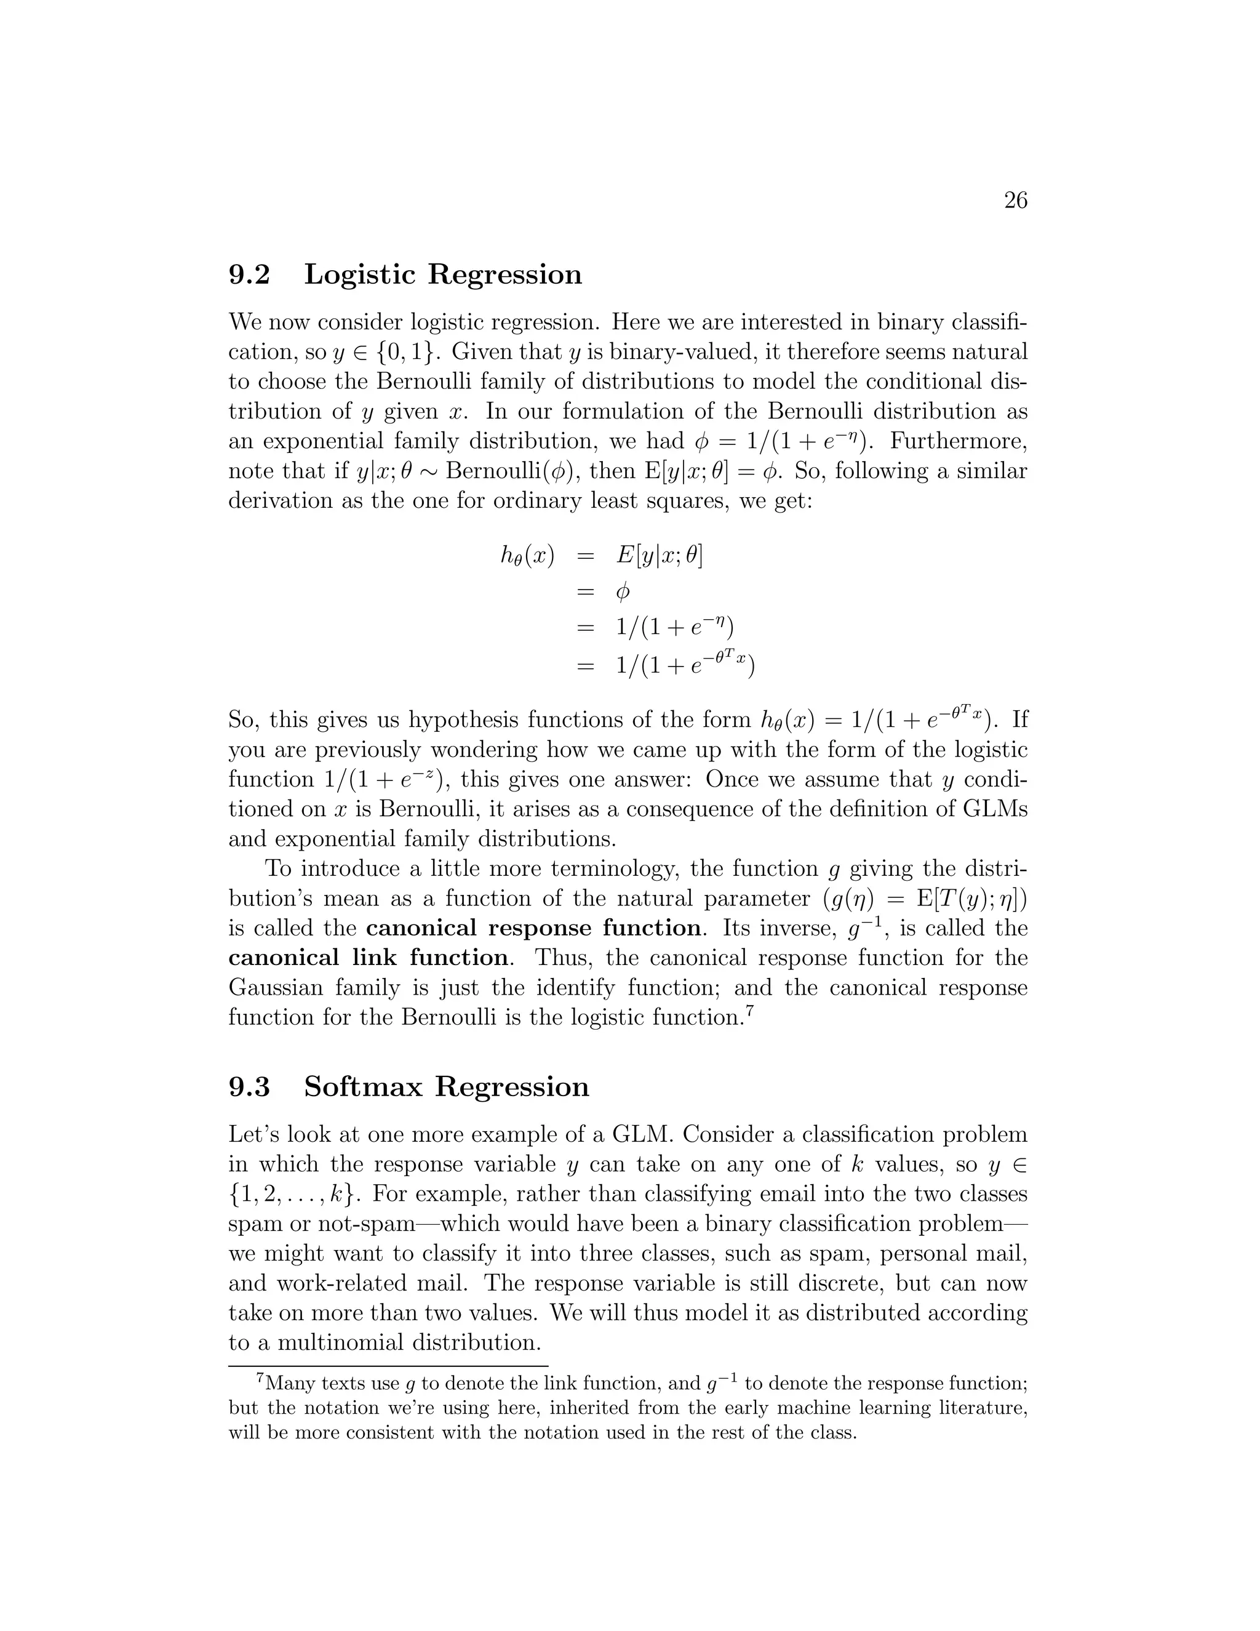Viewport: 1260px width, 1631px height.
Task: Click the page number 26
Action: (x=1015, y=200)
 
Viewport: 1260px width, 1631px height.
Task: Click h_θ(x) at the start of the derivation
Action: (x=527, y=556)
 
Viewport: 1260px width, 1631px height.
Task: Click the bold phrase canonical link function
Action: (x=369, y=958)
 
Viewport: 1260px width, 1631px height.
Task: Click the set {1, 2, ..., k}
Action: (x=294, y=1194)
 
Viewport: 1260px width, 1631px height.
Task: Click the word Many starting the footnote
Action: (x=290, y=1383)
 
